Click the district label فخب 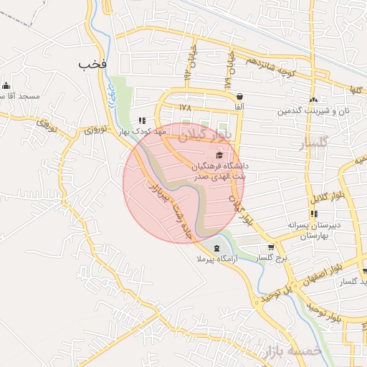[x=94, y=65]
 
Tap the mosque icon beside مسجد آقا [x=4, y=85]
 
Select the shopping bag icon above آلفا [x=239, y=96]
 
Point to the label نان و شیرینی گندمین [x=313, y=111]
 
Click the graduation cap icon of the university [x=219, y=155]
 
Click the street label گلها [x=353, y=90]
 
